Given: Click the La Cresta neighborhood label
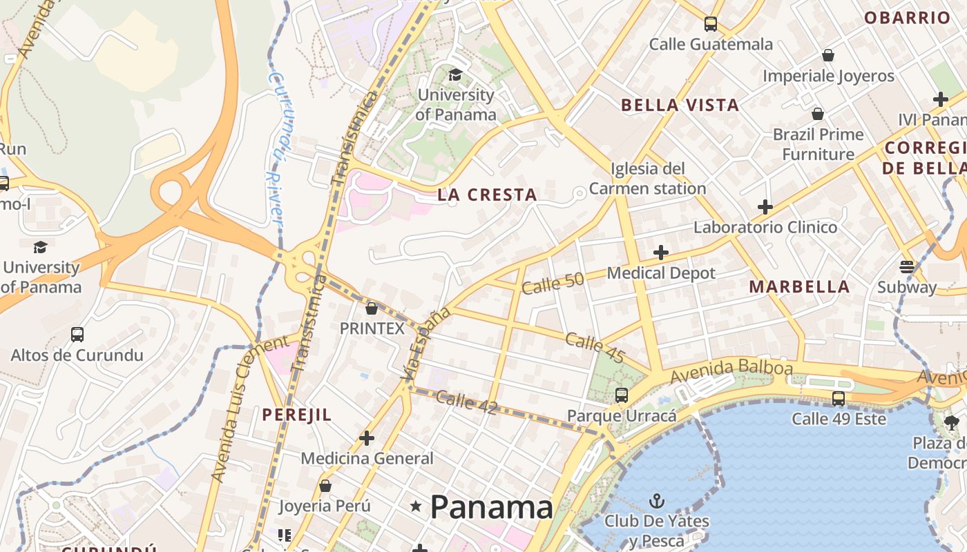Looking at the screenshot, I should pyautogui.click(x=487, y=195).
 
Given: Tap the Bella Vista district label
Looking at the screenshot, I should pyautogui.click(x=680, y=106).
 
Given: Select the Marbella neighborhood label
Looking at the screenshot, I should pyautogui.click(x=799, y=287).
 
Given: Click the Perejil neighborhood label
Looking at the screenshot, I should pyautogui.click(x=297, y=415).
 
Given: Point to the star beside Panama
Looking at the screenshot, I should pyautogui.click(x=415, y=506).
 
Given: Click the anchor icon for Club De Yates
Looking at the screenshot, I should pyautogui.click(x=656, y=501).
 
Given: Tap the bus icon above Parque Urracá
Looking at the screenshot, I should pyautogui.click(x=621, y=395).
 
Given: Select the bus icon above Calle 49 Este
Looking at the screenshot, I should pyautogui.click(x=838, y=398).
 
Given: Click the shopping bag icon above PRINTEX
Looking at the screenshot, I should pyautogui.click(x=372, y=308).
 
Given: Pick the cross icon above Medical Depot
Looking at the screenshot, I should pyautogui.click(x=660, y=253).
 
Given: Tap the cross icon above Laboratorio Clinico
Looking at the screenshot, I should pyautogui.click(x=765, y=206).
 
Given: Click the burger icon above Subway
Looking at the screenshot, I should pyautogui.click(x=906, y=266).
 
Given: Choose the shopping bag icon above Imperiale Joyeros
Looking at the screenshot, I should pyautogui.click(x=827, y=55).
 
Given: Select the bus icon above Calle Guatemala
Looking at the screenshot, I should pyautogui.click(x=710, y=24).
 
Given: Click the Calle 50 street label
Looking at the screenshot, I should pyautogui.click(x=553, y=283).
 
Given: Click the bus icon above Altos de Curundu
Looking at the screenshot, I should pyautogui.click(x=77, y=335).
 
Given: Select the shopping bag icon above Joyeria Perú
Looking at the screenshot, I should pyautogui.click(x=325, y=486).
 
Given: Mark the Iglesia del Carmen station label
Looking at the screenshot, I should pyautogui.click(x=647, y=179).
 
